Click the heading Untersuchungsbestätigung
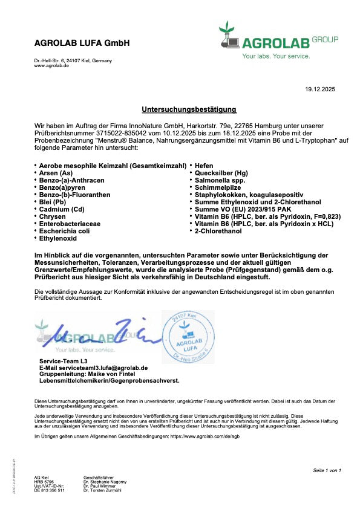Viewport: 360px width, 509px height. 189,110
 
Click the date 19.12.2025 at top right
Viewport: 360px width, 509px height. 320,90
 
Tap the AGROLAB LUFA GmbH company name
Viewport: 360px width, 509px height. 82,44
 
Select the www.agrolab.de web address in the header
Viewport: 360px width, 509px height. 51,66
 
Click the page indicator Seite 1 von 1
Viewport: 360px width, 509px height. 327,470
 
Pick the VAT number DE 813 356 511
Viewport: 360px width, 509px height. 49,490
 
